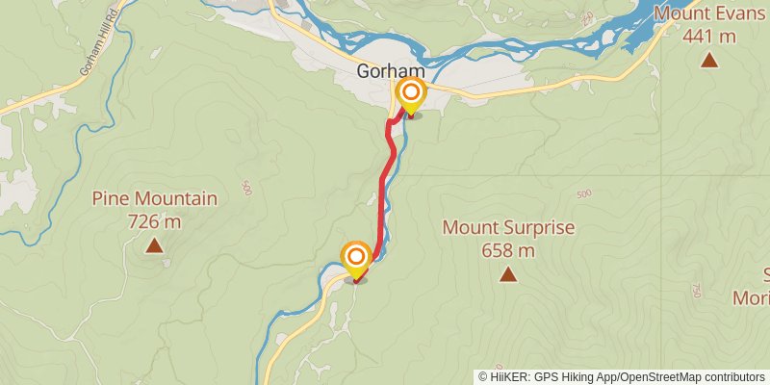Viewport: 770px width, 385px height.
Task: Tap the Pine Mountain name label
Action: (154, 199)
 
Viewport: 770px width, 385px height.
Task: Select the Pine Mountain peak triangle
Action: (154, 246)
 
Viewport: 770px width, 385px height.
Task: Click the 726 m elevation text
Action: (154, 222)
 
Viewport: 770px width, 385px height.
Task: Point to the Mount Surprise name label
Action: (508, 228)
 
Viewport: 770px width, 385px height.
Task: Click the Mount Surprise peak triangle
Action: (507, 275)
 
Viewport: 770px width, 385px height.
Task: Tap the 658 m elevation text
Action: (508, 251)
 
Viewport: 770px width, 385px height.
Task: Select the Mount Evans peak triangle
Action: (709, 61)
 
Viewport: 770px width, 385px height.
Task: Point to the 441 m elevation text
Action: (709, 37)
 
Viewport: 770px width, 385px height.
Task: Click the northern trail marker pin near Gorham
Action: (411, 94)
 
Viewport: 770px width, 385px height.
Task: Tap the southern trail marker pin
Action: (356, 257)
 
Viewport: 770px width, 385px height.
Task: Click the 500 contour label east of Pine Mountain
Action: (247, 186)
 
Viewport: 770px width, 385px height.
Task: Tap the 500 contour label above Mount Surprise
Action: (584, 194)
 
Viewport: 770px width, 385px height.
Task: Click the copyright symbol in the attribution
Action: (483, 377)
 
